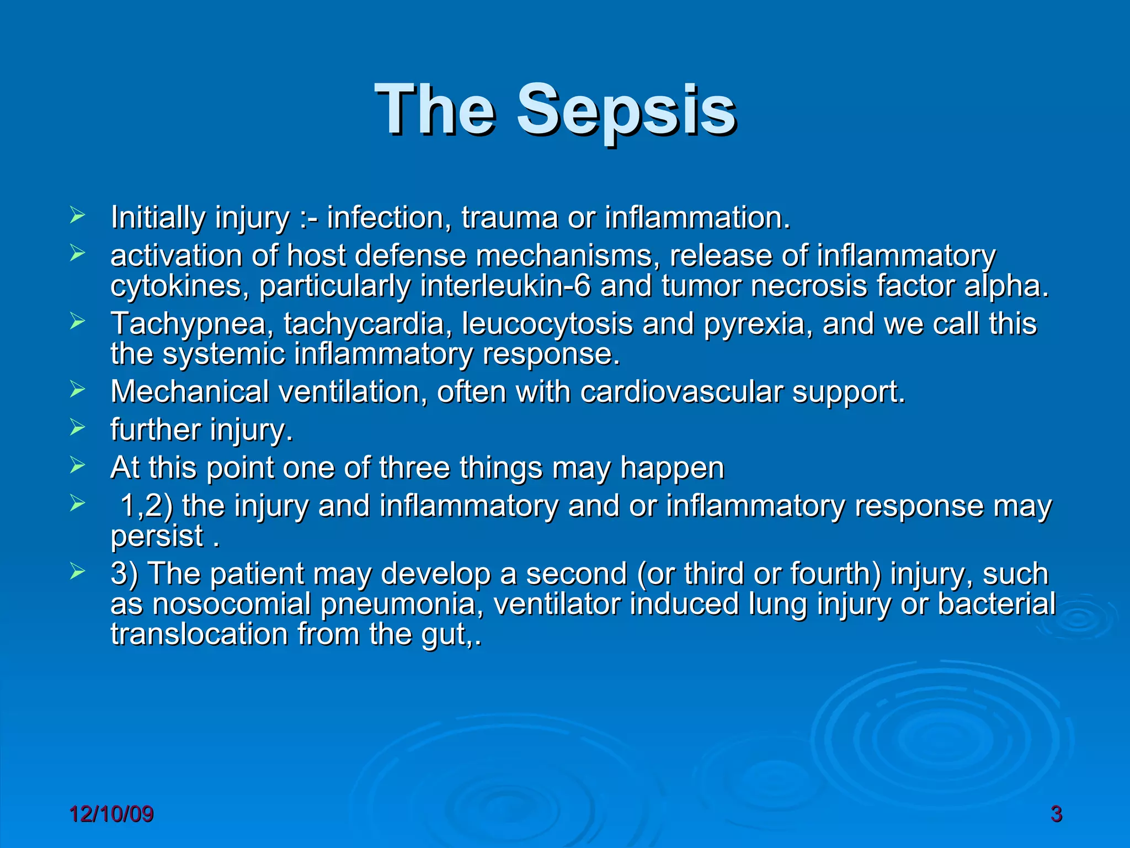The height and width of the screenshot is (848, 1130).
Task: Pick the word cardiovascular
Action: point(681,392)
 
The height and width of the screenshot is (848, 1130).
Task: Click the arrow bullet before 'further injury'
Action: point(77,428)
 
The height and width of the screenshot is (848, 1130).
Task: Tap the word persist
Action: point(157,536)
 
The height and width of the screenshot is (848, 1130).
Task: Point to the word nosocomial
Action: point(231,604)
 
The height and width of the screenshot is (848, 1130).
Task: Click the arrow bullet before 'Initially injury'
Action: point(77,215)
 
